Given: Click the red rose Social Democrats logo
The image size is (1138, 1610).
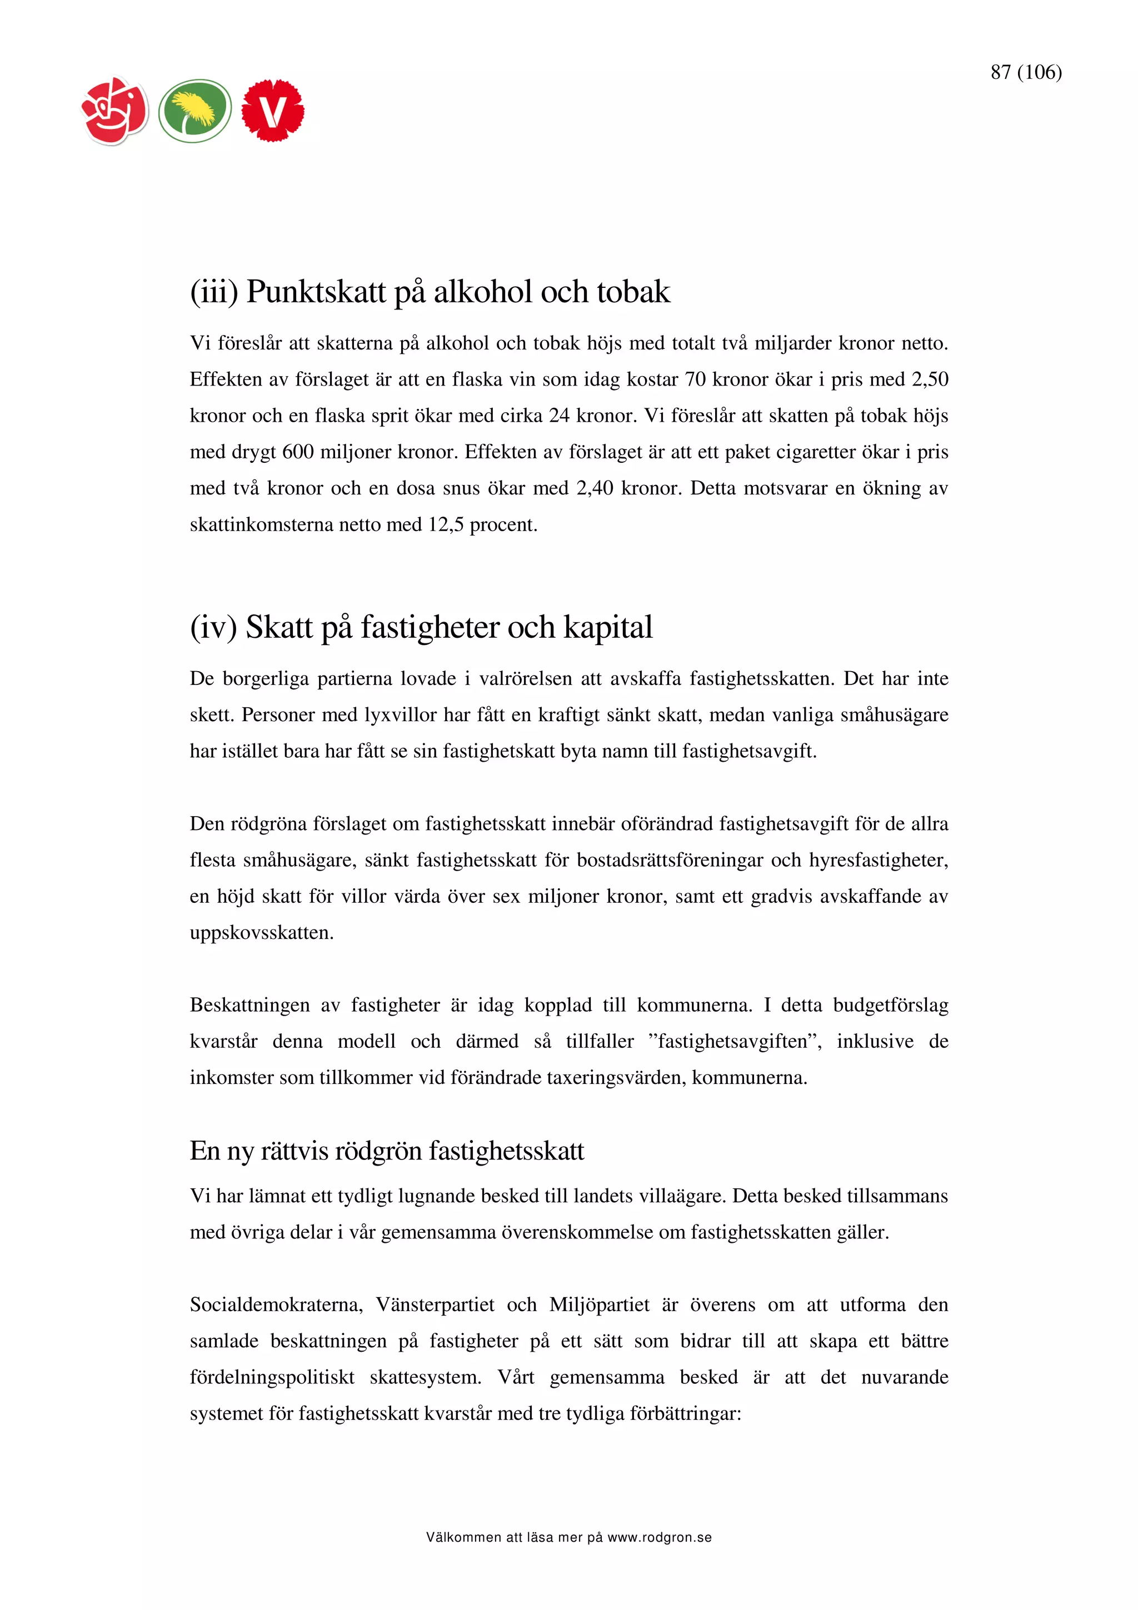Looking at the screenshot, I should point(115,111).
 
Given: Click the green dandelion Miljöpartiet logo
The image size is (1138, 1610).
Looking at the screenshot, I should point(195,111).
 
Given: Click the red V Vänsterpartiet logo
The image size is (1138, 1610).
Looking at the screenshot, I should point(273,111).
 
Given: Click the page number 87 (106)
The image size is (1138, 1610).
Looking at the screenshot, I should point(1026,72).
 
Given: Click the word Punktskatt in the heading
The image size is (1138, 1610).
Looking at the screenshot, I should point(316,292).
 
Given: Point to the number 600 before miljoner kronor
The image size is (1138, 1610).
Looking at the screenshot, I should point(297,452).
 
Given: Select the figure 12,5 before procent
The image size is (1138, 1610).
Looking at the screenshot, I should point(446,525).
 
